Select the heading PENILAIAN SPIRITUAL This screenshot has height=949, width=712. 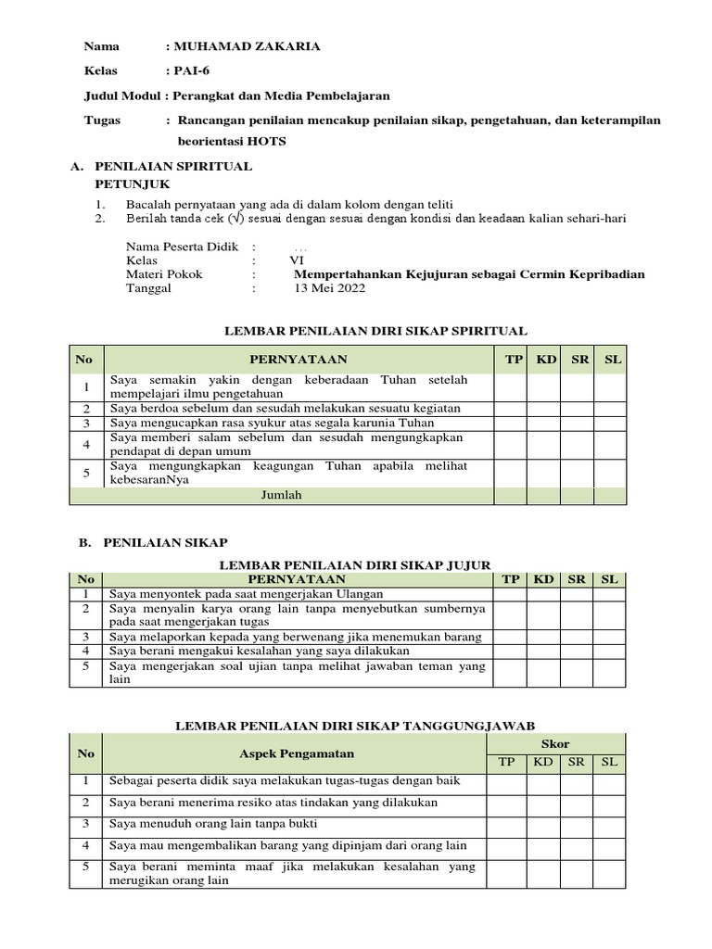pos(173,167)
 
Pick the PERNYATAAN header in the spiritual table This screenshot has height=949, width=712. pos(298,359)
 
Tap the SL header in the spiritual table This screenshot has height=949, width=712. pos(613,359)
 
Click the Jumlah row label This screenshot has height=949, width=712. pos(282,495)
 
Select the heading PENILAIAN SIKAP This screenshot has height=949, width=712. pos(165,540)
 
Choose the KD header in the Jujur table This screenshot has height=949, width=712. pos(543,579)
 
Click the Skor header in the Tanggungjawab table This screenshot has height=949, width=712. pos(557,744)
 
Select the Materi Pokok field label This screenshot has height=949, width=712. pos(164,274)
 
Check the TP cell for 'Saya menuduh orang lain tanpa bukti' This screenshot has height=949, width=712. pos(507,823)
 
